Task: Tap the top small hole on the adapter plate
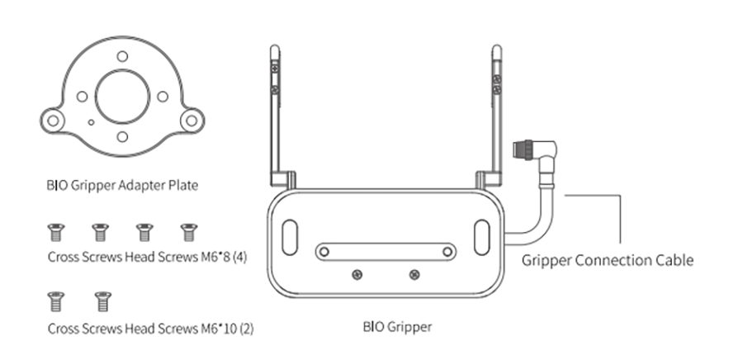pos(122,56)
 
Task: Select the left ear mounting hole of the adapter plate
pos(53,121)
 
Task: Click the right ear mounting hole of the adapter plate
pos(192,121)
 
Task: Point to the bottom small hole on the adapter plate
pos(122,137)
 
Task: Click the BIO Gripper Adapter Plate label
pos(122,185)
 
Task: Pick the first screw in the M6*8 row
pos(56,232)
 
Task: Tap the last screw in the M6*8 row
pos(189,232)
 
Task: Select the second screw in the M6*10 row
pos(103,301)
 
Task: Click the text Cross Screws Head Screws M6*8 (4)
pos(148,257)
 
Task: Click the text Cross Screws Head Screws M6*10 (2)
pos(151,329)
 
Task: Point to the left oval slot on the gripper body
pos(290,237)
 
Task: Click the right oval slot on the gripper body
pos(482,237)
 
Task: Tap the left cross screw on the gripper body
pos(357,274)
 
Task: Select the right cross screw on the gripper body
pos(414,274)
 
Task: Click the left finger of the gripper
pos(275,116)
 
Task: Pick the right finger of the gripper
pos(496,116)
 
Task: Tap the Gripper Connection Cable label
pos(608,260)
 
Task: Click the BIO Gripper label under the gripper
pos(398,327)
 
